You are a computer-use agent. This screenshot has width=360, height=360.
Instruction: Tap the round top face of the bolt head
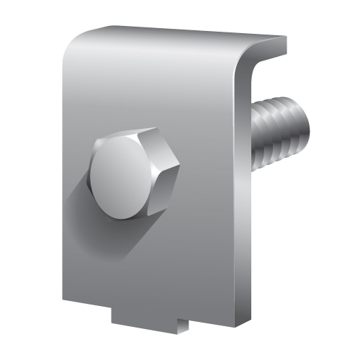[122, 176]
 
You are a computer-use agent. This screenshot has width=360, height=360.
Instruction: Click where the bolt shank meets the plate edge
[253, 134]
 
